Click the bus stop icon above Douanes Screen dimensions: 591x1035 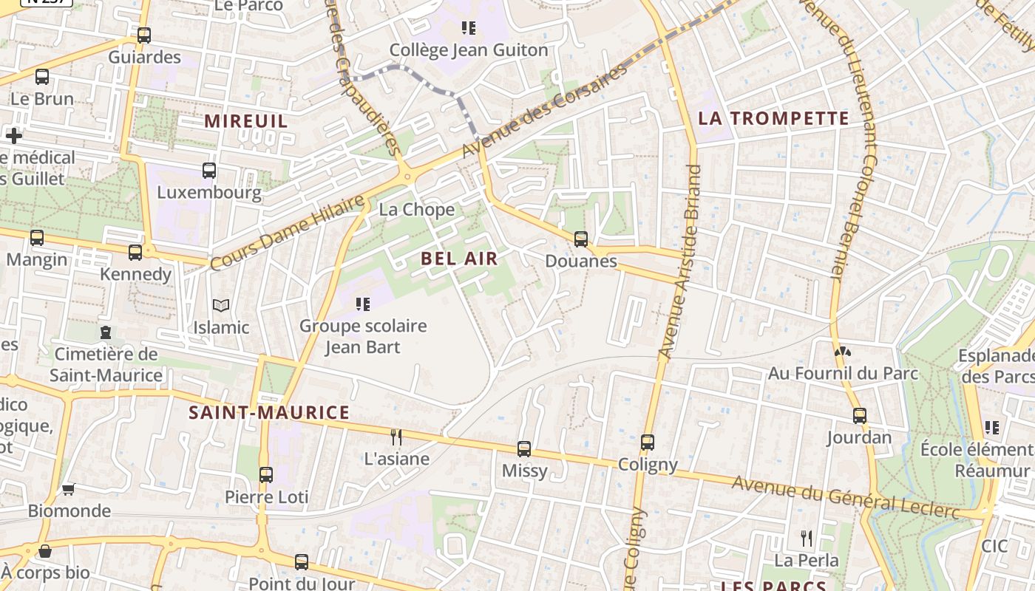click(581, 239)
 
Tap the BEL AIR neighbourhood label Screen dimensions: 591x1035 click(459, 259)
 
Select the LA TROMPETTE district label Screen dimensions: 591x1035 click(773, 118)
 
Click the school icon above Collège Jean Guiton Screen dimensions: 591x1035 click(468, 28)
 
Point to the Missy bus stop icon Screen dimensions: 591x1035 click(524, 448)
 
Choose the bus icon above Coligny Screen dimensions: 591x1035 click(648, 443)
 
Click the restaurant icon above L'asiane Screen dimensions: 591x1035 click(396, 437)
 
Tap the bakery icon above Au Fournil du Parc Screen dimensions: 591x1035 click(841, 352)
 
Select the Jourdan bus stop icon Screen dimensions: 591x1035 click(859, 416)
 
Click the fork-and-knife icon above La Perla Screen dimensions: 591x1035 click(807, 539)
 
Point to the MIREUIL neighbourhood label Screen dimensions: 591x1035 click(246, 120)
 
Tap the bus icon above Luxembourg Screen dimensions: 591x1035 click(209, 171)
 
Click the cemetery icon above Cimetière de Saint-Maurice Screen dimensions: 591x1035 click(106, 332)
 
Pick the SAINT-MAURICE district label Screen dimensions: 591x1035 click(269, 412)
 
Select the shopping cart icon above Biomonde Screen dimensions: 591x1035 click(69, 488)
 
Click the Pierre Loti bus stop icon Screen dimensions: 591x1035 click(266, 475)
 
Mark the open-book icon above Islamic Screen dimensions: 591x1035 click(221, 305)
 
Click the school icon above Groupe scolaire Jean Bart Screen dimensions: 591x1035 click(362, 304)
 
